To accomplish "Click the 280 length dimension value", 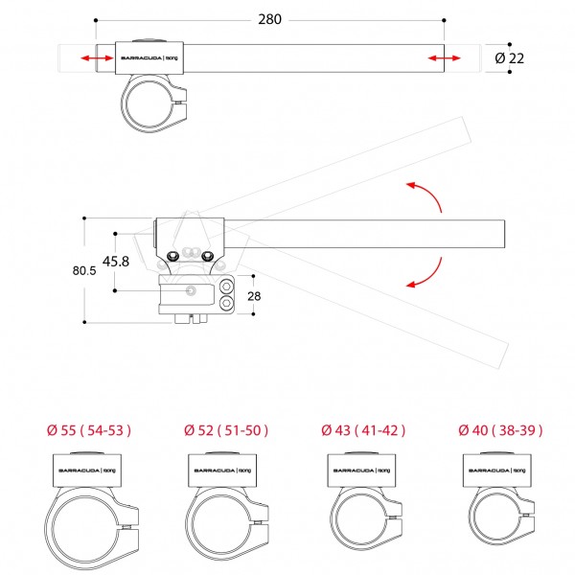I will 269,19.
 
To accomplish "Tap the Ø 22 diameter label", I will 512,58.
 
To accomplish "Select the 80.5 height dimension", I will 84,271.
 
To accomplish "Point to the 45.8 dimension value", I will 116,260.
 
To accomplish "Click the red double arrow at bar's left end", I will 95,58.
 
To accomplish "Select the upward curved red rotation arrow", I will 425,195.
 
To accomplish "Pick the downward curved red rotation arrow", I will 425,272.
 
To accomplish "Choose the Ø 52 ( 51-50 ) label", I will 226,429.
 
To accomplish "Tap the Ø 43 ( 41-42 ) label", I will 360,429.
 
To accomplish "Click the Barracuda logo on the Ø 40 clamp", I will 495,471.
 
